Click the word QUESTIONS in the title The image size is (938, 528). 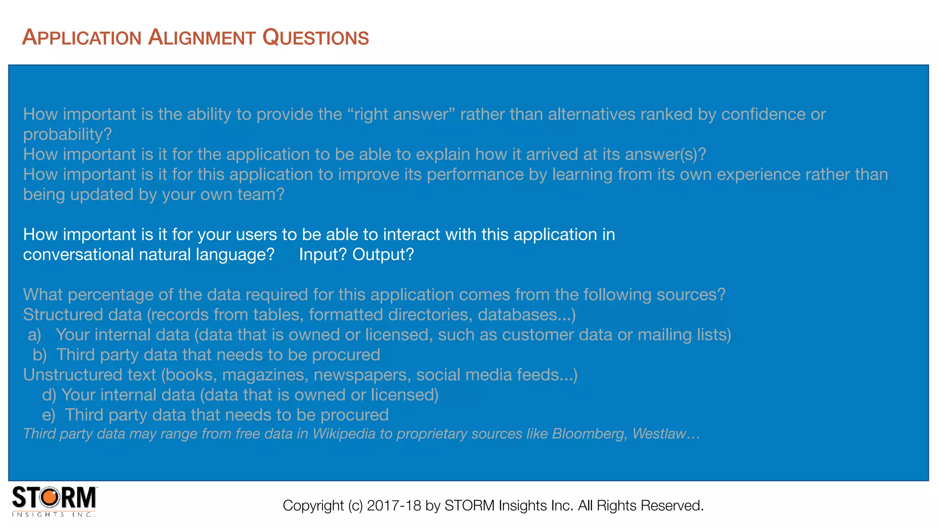pyautogui.click(x=316, y=38)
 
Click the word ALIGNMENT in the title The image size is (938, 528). pyautogui.click(x=202, y=38)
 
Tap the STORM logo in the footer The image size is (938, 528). pyautogui.click(x=54, y=501)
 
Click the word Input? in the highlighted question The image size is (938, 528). pyautogui.click(x=323, y=254)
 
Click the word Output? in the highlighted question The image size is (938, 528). pyautogui.click(x=383, y=254)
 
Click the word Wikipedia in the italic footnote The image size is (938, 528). pyautogui.click(x=344, y=434)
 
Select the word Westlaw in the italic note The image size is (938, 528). pyautogui.click(x=660, y=434)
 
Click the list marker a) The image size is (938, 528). pyautogui.click(x=34, y=335)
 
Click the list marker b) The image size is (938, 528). pyautogui.click(x=39, y=355)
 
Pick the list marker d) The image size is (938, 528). pyautogui.click(x=49, y=395)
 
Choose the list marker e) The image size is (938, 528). pyautogui.click(x=49, y=415)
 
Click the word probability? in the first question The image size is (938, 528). pyautogui.click(x=67, y=134)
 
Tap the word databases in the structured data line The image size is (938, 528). pyautogui.click(x=518, y=315)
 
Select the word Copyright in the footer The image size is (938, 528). pyautogui.click(x=313, y=506)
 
